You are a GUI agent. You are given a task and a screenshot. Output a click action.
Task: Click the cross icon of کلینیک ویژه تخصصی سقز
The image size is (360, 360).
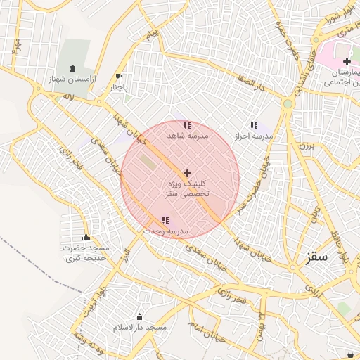pos(186,173)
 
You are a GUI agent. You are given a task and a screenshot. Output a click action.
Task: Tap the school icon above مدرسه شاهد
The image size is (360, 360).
pos(186,125)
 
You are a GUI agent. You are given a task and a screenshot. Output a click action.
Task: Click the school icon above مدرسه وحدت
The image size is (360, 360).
pos(165,221)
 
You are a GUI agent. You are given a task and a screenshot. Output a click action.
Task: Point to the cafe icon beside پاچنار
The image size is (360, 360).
pos(118,77)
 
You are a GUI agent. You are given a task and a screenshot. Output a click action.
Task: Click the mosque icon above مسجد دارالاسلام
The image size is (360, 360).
pos(139,317)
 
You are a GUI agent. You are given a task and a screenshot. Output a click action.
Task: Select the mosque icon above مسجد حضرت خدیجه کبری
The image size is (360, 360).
pos(86,238)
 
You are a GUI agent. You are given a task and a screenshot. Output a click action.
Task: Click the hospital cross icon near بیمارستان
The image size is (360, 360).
pos(347,62)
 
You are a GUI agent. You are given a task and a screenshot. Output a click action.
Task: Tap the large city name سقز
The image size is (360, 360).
pos(317,257)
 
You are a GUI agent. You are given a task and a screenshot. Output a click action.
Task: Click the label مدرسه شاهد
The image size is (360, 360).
pos(186,135)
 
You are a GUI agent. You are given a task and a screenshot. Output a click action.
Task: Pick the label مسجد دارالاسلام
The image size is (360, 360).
pos(139,328)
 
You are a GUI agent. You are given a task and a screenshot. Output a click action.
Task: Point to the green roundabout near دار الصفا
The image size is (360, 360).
pos(287,104)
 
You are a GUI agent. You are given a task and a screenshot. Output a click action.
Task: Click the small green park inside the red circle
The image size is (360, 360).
pos(148,162)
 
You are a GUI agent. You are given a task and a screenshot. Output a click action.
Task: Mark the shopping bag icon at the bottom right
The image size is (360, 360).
pos(351,354)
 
